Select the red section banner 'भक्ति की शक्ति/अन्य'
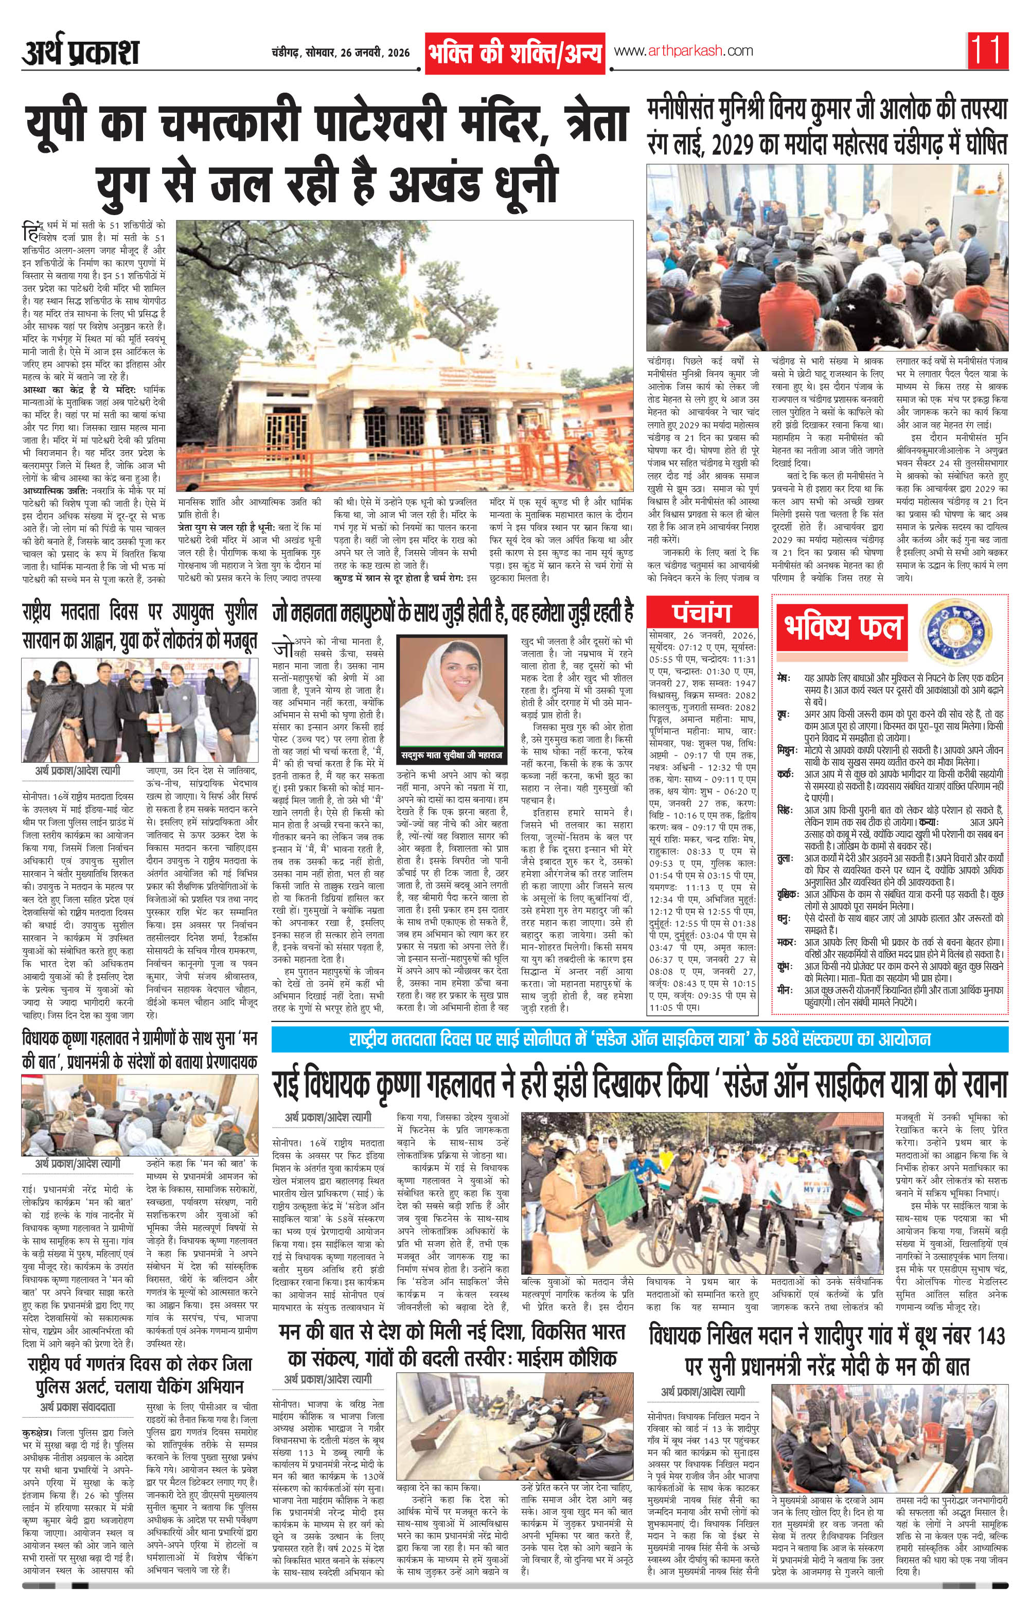point(514,53)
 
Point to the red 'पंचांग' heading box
point(701,613)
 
